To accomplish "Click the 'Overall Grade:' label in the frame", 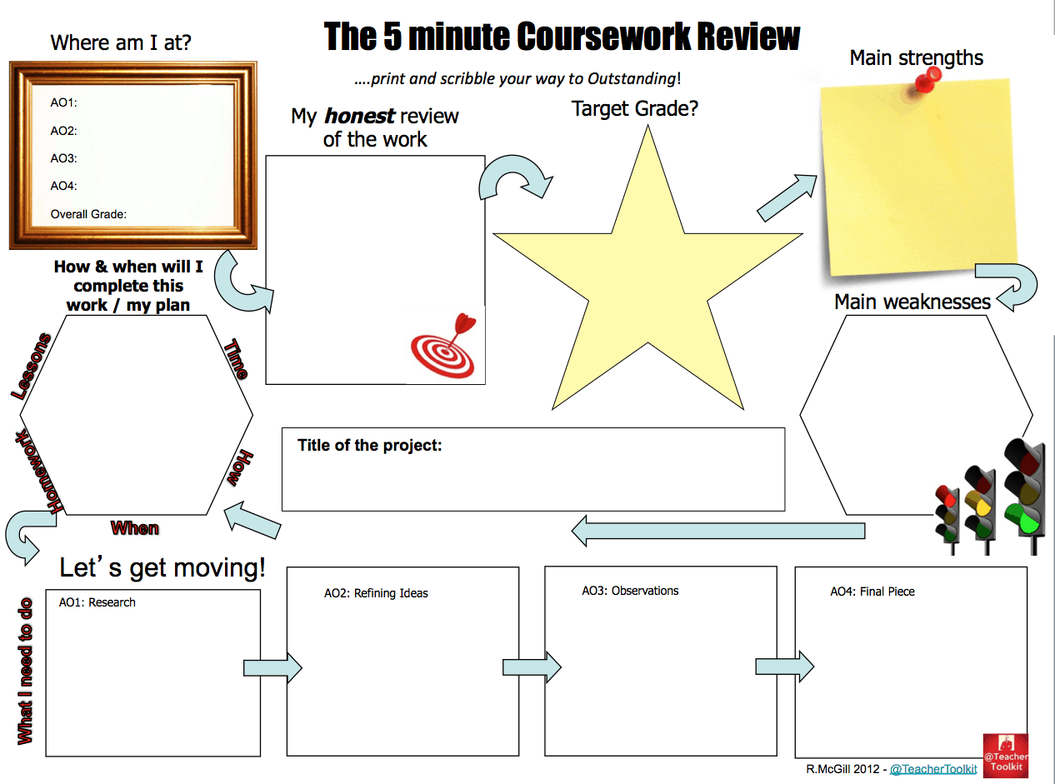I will [88, 214].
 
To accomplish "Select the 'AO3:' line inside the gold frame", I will [63, 158].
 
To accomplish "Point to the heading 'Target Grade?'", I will [634, 108].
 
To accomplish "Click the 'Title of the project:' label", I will [369, 445].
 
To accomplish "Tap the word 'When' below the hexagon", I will [135, 527].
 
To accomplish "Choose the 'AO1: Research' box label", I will [97, 602].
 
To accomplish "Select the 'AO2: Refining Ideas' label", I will [376, 593].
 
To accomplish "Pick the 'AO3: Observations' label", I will [630, 591].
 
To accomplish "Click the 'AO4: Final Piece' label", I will [872, 592].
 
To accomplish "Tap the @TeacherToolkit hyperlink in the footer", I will [933, 769].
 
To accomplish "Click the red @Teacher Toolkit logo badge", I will [1005, 755].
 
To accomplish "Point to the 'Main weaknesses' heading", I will [912, 302].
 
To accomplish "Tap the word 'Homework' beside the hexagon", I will [35, 471].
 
